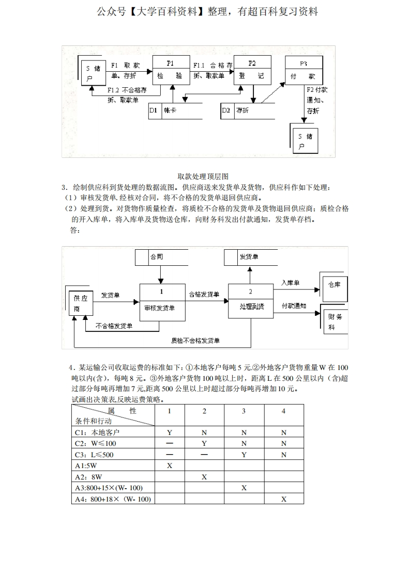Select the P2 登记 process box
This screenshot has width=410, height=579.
pyautogui.click(x=252, y=70)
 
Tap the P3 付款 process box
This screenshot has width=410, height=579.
pyautogui.click(x=303, y=70)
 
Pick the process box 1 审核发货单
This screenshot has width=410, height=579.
pyautogui.click(x=162, y=302)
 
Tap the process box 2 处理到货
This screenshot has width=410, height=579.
pyautogui.click(x=250, y=301)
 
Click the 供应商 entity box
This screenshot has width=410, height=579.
pyautogui.click(x=81, y=303)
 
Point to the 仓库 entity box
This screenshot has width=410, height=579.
pyautogui.click(x=334, y=285)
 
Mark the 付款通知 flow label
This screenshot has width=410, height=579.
pyautogui.click(x=294, y=306)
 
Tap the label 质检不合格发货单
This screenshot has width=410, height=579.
pyautogui.click(x=195, y=341)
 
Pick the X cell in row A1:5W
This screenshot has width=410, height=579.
pyautogui.click(x=170, y=465)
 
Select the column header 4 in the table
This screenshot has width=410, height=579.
pyautogui.click(x=283, y=411)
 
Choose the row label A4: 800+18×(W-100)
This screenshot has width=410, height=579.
pyautogui.click(x=113, y=499)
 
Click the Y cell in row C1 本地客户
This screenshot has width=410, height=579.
pyautogui.click(x=170, y=432)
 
